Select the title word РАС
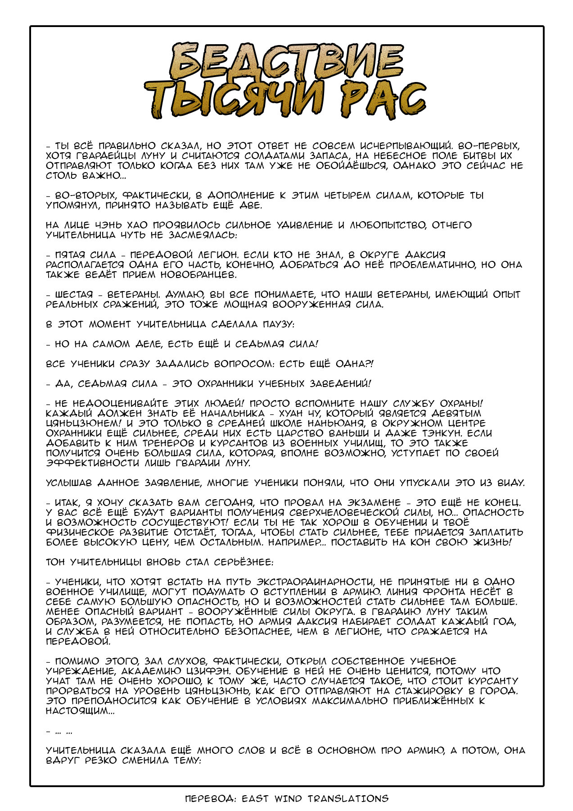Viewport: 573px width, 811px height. point(383,100)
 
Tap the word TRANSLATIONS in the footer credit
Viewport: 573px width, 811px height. point(348,799)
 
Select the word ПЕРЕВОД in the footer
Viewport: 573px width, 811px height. point(210,799)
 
